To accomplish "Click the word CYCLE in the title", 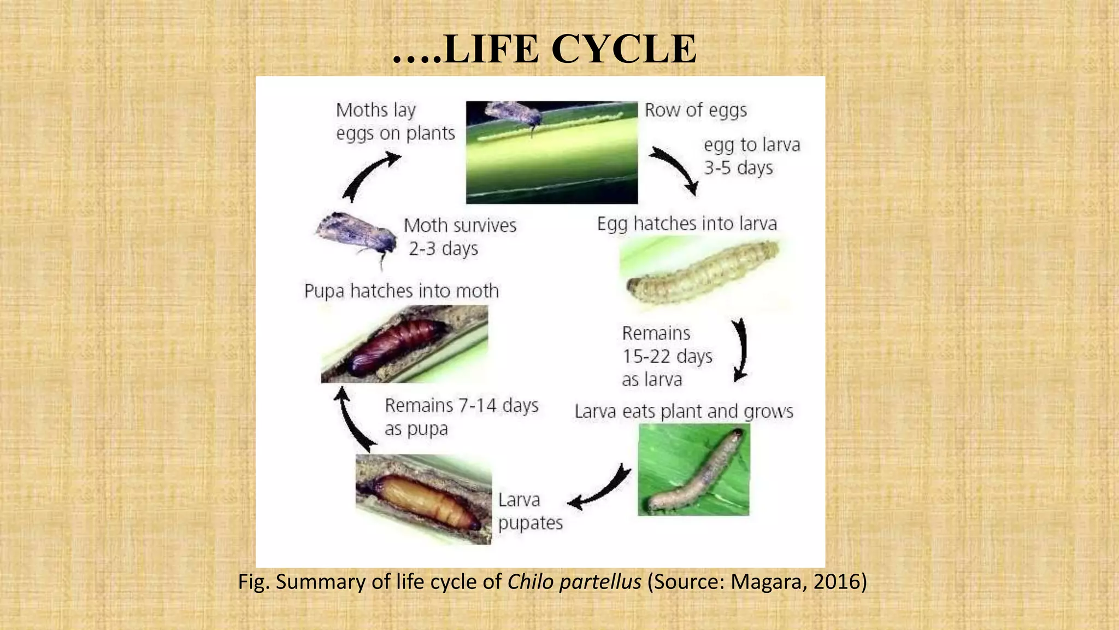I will point(623,49).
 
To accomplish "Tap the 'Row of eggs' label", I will point(695,110).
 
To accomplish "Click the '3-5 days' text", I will point(738,168).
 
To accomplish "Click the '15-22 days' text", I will point(667,357).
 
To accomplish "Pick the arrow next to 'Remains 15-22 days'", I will point(740,350).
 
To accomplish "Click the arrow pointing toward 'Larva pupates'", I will point(601,488).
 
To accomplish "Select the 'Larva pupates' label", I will point(529,511).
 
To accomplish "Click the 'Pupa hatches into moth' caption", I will point(401,291).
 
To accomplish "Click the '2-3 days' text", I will point(443,249).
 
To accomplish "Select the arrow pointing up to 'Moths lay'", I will point(369,176).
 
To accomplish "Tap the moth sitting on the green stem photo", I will point(514,114).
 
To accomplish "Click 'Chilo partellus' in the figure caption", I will point(574,582).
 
